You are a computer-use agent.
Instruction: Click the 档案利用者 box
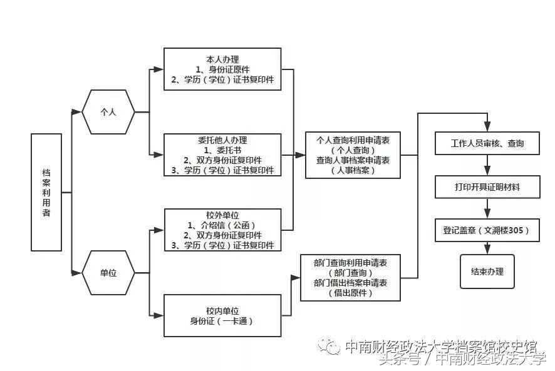(46, 192)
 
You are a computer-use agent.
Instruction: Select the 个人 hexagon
(109, 112)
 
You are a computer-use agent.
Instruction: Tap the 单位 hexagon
(109, 273)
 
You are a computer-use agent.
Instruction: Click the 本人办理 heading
(222, 58)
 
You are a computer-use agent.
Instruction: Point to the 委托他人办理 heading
(222, 140)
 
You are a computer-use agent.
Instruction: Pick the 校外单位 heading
(222, 214)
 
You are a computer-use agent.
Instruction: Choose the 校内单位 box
(222, 316)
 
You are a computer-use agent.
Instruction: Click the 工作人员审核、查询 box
(487, 143)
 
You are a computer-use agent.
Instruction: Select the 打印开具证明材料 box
(487, 186)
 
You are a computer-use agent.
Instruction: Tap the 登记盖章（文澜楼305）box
(487, 230)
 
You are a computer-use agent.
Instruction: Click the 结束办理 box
(487, 272)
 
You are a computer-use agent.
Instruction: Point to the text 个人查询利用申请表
(353, 140)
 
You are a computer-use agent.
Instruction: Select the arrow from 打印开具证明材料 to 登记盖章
(487, 208)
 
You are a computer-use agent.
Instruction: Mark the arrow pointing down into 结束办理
(487, 248)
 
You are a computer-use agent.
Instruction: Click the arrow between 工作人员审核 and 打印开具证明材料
(487, 165)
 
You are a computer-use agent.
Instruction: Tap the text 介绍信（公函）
(222, 225)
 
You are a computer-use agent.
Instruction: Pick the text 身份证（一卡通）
(222, 322)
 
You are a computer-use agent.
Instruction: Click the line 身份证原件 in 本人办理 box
(222, 69)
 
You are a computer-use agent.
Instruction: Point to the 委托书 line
(222, 150)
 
